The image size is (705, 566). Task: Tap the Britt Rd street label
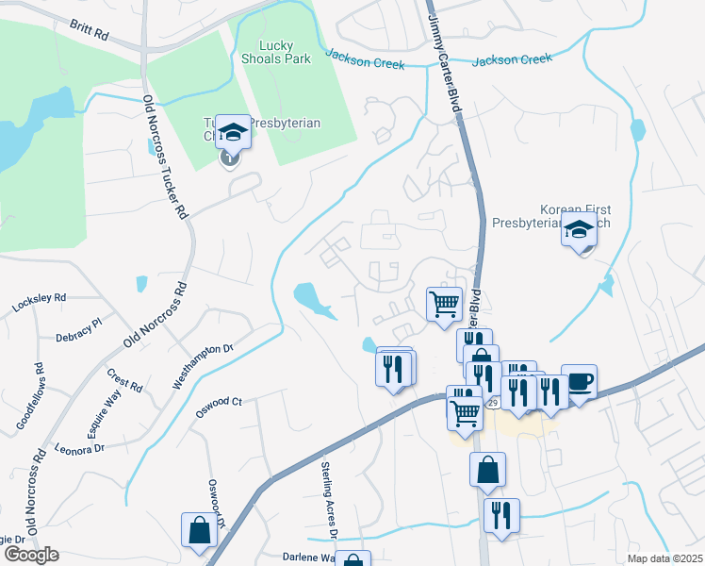point(89,29)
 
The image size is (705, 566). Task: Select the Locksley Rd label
point(39,303)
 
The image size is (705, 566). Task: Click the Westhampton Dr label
point(203,367)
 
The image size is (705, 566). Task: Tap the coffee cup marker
point(579,381)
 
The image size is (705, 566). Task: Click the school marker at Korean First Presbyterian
point(579,229)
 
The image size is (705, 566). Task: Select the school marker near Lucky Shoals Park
point(232,133)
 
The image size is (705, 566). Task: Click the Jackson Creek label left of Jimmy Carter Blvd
point(366,60)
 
